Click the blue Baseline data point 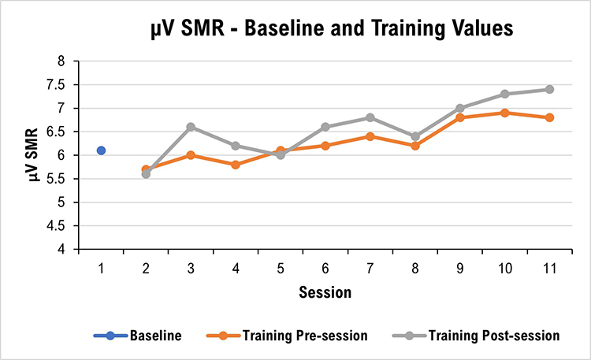pyautogui.click(x=101, y=150)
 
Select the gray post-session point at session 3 pyautogui.click(x=191, y=127)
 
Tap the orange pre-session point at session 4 pyautogui.click(x=236, y=165)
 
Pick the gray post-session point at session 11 pyautogui.click(x=549, y=89)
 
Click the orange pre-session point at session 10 pyautogui.click(x=504, y=113)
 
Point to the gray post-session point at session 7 pyautogui.click(x=370, y=117)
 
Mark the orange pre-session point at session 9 pyautogui.click(x=459, y=117)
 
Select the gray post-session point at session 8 pyautogui.click(x=415, y=136)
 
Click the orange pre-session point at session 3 pyautogui.click(x=191, y=155)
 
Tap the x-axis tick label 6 pyautogui.click(x=325, y=268)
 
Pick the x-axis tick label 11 pyautogui.click(x=549, y=268)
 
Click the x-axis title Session pyautogui.click(x=325, y=293)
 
